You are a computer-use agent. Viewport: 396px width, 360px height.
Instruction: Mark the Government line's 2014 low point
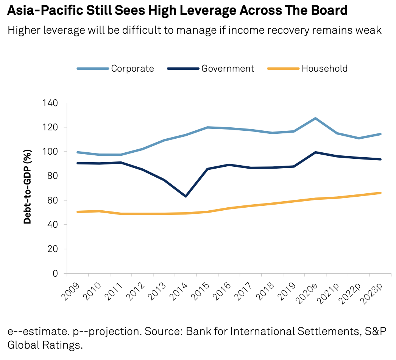click(x=186, y=196)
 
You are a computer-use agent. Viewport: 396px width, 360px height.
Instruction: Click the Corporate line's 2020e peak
click(x=315, y=118)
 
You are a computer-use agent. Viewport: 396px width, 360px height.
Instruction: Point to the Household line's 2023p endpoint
click(x=380, y=193)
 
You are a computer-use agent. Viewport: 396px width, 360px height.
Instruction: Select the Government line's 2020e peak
click(x=315, y=152)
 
